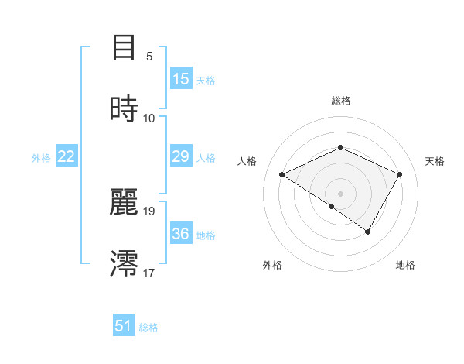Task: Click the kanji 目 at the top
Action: point(124,48)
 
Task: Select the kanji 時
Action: point(124,108)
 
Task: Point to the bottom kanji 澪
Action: point(124,263)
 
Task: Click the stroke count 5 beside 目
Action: point(149,57)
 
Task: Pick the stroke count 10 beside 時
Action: point(149,118)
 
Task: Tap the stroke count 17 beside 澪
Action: point(149,273)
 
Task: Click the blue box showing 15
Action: point(180,79)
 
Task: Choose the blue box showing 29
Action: point(180,156)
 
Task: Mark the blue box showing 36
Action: point(180,234)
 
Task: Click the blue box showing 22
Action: point(67,156)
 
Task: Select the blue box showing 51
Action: point(124,326)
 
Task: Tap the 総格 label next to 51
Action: point(148,328)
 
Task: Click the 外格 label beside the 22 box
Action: point(41,158)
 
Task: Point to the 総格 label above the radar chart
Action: point(340,101)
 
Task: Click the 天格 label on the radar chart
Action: point(435,161)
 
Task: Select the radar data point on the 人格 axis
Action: point(282,174)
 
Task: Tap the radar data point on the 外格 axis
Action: point(332,206)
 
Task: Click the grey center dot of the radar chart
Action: point(340,193)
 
